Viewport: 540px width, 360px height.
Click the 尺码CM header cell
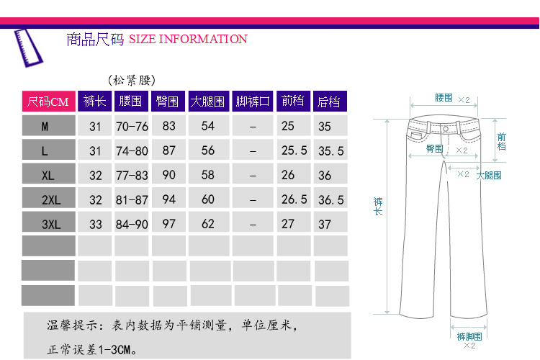pyautogui.click(x=48, y=102)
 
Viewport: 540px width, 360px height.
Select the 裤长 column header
pyautogui.click(x=95, y=102)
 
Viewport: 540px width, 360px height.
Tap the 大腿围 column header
pyautogui.click(x=208, y=102)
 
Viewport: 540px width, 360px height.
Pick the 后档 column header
pyautogui.click(x=329, y=102)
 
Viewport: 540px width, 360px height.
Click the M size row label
pyautogui.click(x=45, y=126)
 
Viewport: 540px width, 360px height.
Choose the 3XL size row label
pyautogui.click(x=50, y=224)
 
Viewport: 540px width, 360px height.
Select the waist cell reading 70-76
pyautogui.click(x=132, y=126)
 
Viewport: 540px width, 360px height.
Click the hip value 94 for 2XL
pyautogui.click(x=169, y=199)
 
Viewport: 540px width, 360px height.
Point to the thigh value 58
pyautogui.click(x=208, y=175)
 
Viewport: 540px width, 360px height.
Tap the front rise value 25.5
pyautogui.click(x=294, y=150)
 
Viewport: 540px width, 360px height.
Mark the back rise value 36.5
pyautogui.click(x=330, y=199)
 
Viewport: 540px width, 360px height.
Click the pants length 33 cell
pyautogui.click(x=96, y=224)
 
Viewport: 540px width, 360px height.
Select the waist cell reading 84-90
pyautogui.click(x=132, y=224)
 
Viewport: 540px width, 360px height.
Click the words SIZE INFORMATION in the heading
pyautogui.click(x=188, y=40)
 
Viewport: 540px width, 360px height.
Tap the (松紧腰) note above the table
pyautogui.click(x=131, y=80)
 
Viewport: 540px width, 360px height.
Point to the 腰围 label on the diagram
pyautogui.click(x=444, y=99)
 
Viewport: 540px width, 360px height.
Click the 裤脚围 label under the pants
pyautogui.click(x=469, y=336)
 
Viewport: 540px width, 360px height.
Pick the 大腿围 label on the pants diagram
pyautogui.click(x=489, y=175)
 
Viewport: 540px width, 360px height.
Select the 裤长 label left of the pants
pyautogui.click(x=379, y=205)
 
